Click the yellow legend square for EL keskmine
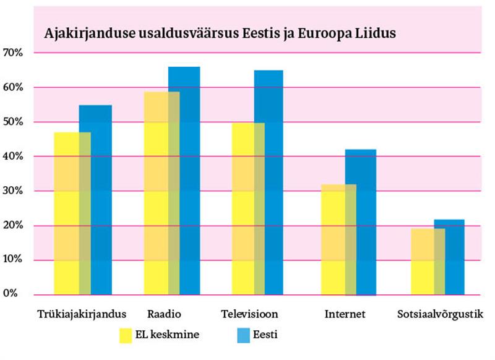pos(127,335)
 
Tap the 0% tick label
pos(11,293)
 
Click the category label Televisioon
pos(249,314)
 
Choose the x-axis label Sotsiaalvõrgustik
pos(440,314)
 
